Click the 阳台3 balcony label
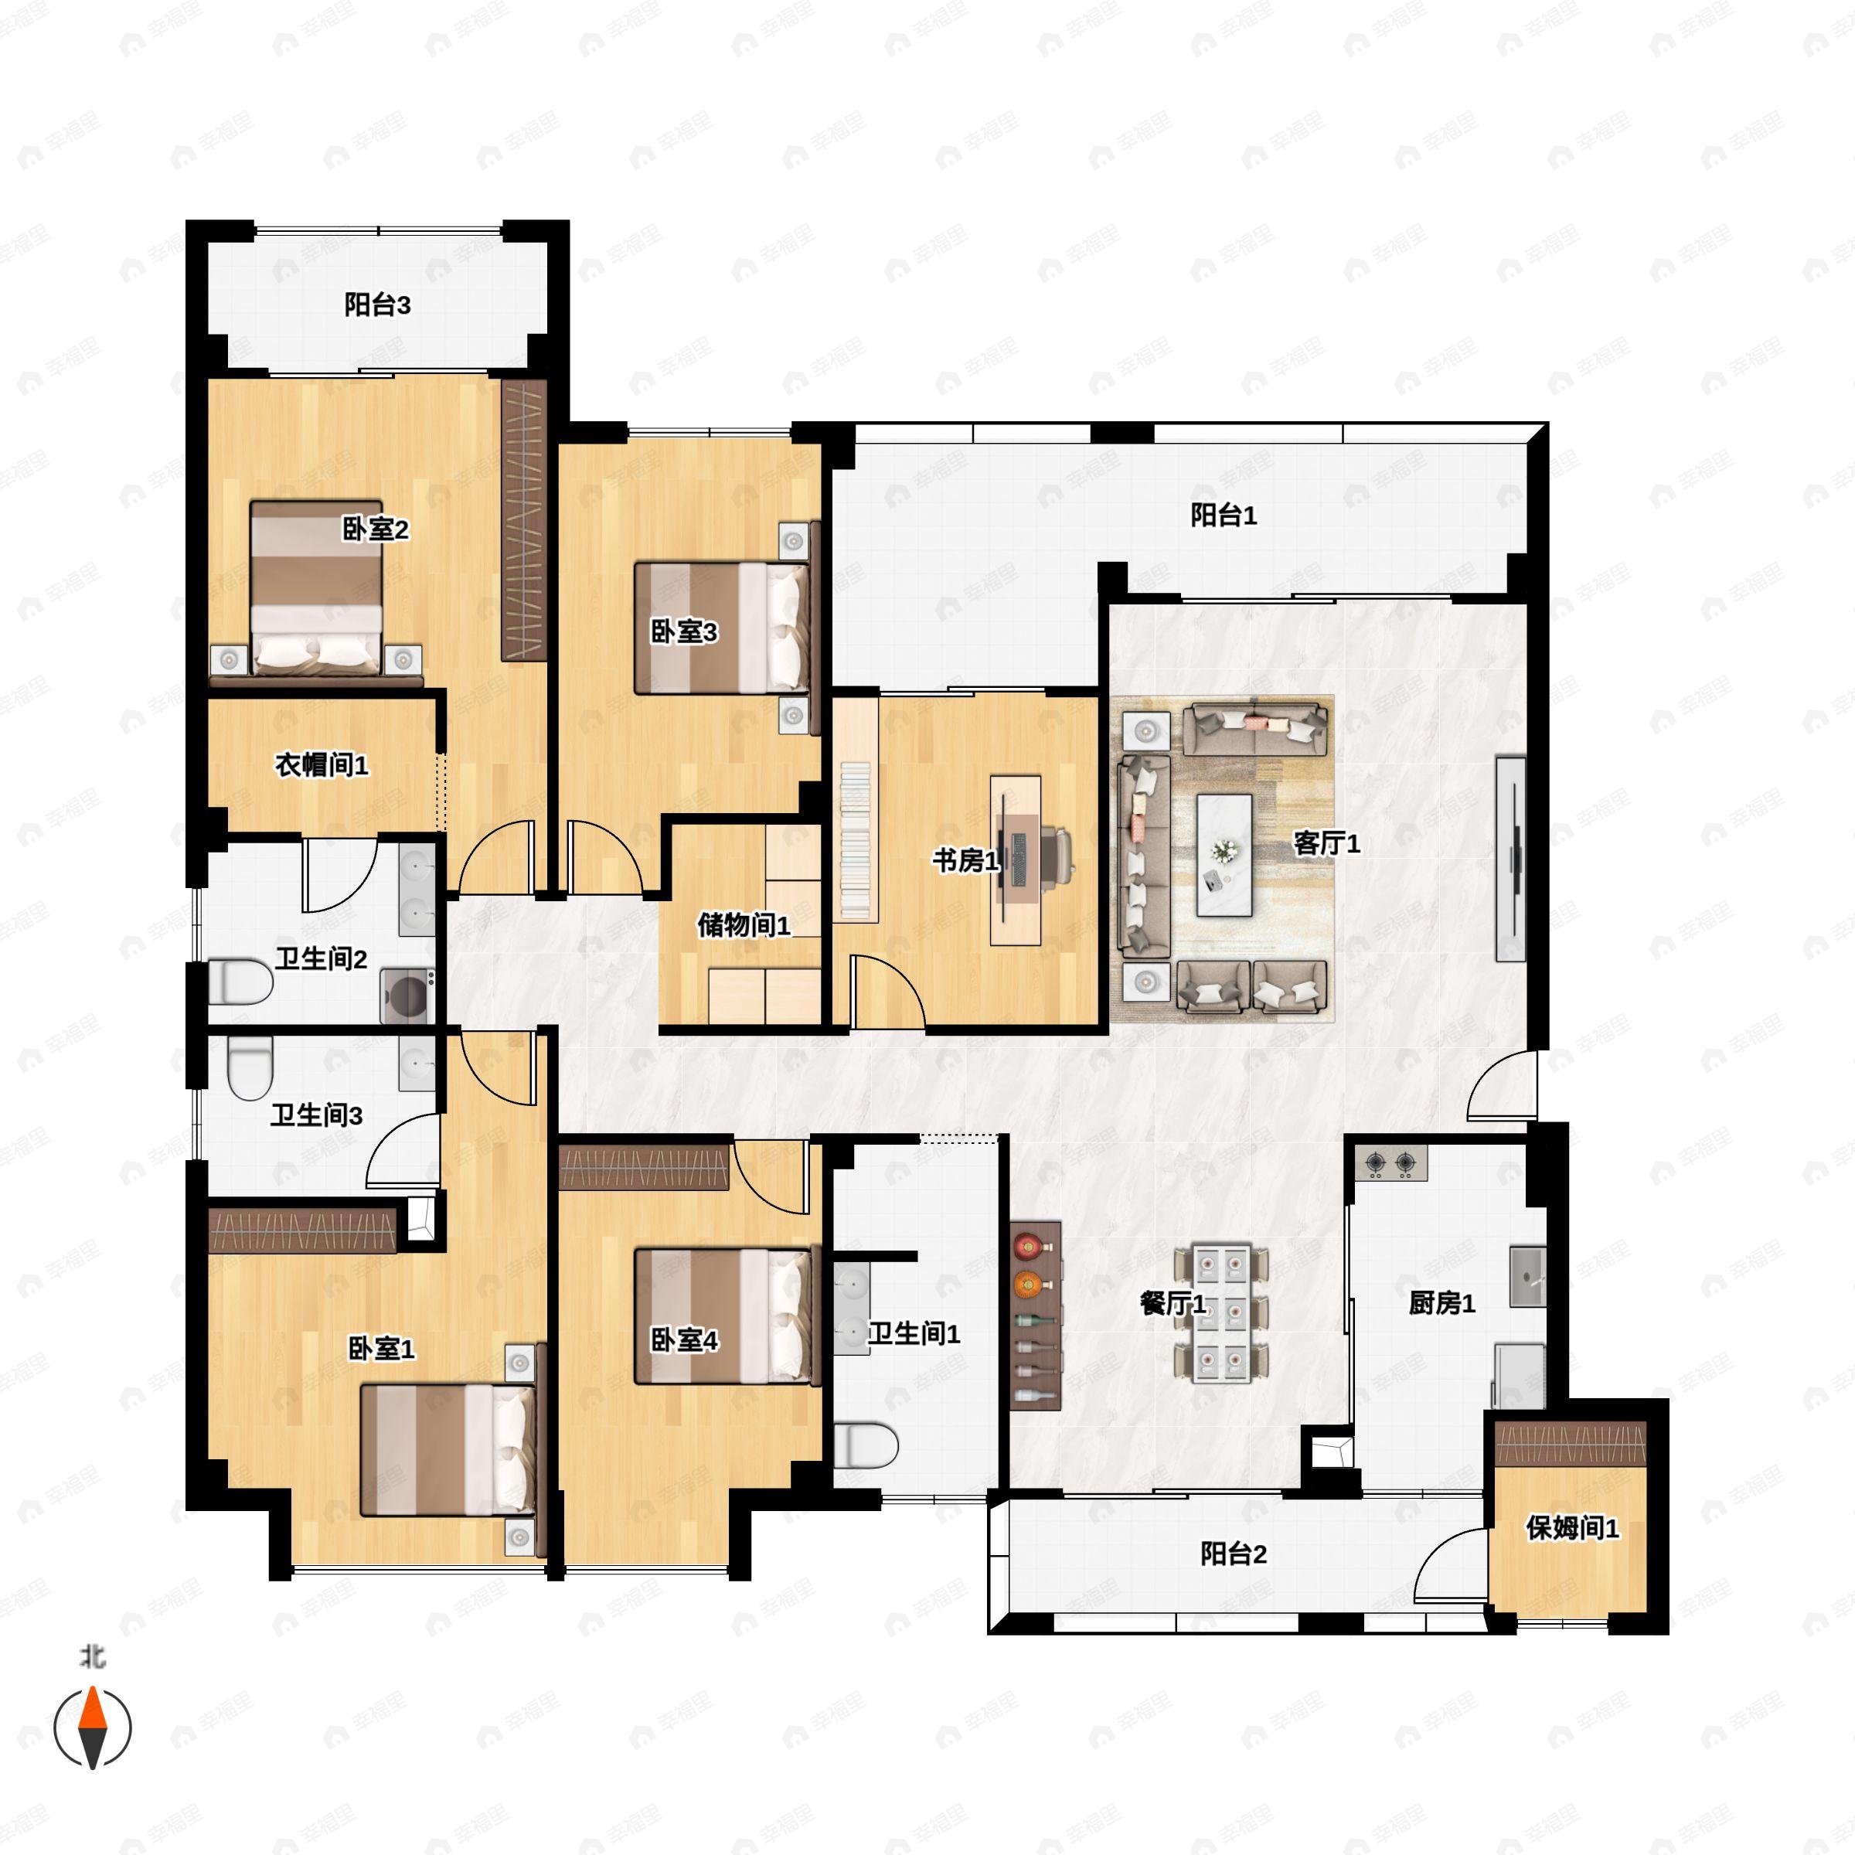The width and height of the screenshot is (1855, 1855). [x=377, y=305]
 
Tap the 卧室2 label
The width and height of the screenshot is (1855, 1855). [x=376, y=529]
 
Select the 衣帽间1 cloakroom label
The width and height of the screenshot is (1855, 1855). [x=322, y=765]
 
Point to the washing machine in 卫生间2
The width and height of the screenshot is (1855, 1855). [x=407, y=996]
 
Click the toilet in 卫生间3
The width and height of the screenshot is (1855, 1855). [x=250, y=1070]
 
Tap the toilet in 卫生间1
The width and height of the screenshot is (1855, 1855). [x=865, y=1445]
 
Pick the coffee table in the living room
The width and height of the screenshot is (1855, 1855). [x=1224, y=855]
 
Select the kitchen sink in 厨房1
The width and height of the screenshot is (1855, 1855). [x=1527, y=1276]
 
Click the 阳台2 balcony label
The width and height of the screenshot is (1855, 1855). [x=1234, y=1554]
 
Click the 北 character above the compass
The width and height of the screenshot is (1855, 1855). [x=92, y=1658]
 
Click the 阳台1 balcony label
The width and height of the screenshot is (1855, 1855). [x=1224, y=516]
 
